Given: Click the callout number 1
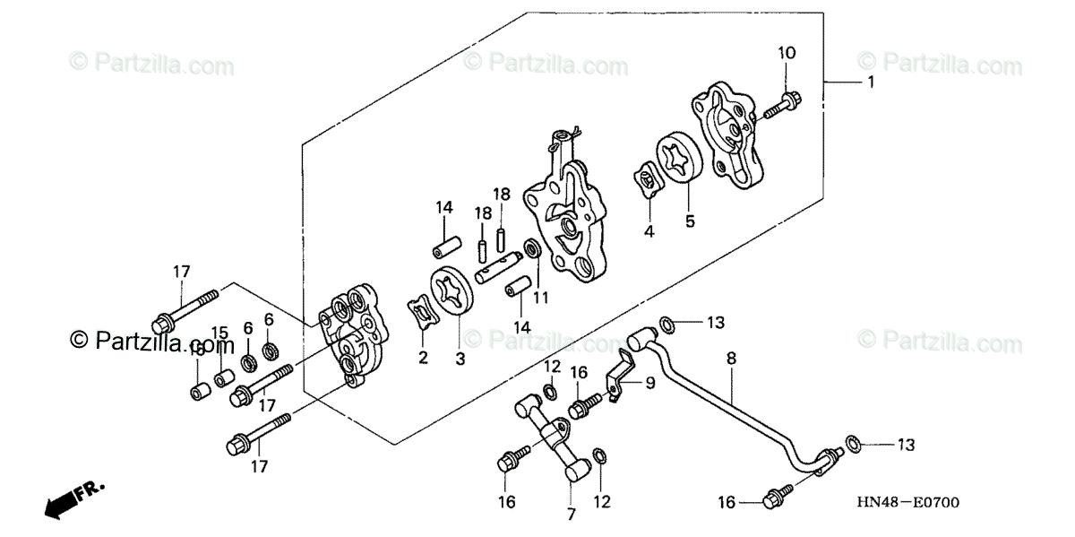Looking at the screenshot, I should tap(869, 82).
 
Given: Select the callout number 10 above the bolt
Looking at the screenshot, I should tap(786, 54).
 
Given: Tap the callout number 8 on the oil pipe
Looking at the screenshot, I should tap(731, 358).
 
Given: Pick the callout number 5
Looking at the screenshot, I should tap(690, 220).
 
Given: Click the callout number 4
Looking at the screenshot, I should tap(648, 231).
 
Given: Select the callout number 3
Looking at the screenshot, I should tap(460, 359).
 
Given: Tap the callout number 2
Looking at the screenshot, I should tap(423, 358).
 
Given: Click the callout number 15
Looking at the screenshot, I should tap(219, 333).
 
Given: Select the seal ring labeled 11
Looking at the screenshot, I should tap(530, 247).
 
